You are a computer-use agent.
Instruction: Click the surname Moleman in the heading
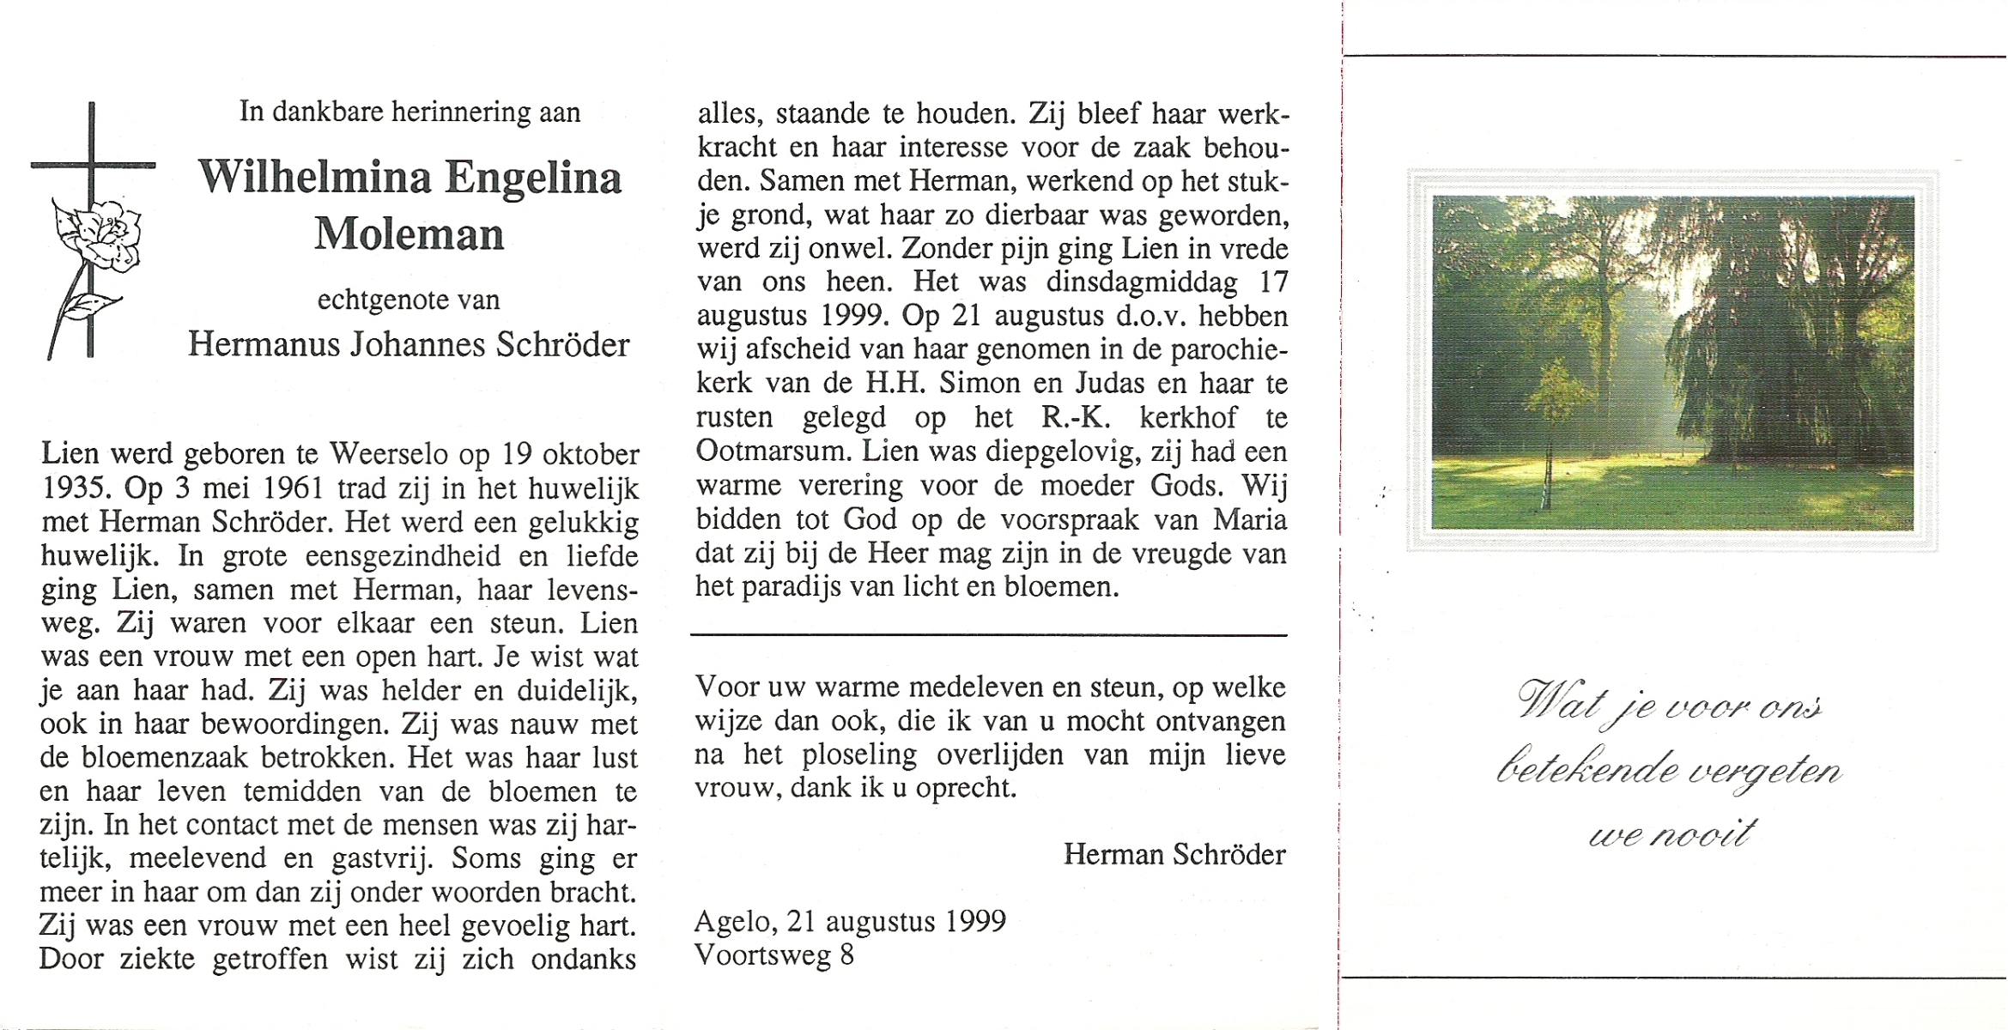tap(409, 233)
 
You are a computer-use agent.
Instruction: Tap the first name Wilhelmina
tap(314, 178)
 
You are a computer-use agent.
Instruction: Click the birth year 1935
tap(74, 488)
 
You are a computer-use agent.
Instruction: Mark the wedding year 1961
tap(294, 488)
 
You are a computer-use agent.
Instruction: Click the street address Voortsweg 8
tap(774, 955)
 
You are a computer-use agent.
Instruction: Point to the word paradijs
tap(786, 587)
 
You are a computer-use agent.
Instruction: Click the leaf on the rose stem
tap(92, 305)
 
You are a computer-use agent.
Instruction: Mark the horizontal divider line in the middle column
tap(988, 636)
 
